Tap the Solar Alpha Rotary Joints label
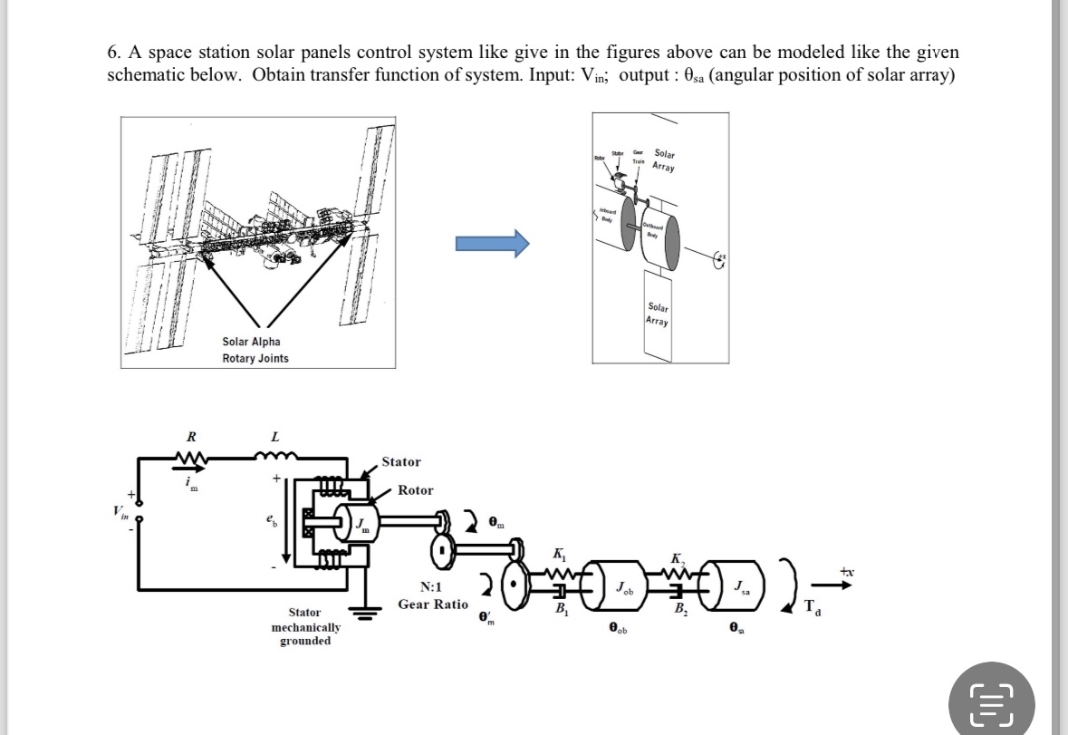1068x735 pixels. click(255, 350)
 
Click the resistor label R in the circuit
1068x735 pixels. click(190, 437)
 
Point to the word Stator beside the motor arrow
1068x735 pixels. click(400, 462)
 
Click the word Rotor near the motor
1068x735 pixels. click(415, 490)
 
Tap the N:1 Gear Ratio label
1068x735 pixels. click(433, 596)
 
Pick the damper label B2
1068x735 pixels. click(679, 608)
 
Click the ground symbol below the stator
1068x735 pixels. click(366, 613)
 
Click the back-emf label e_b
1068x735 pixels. click(270, 521)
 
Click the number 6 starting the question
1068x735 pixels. click(112, 52)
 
